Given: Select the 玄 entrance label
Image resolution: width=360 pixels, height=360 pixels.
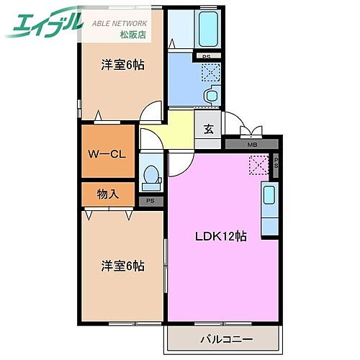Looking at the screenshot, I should click(207, 130).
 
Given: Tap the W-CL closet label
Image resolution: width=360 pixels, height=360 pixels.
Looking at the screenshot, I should click(107, 153).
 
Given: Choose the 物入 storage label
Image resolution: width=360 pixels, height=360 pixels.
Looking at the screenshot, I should click(108, 194).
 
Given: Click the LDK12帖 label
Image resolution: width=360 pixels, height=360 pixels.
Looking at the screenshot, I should click(222, 236).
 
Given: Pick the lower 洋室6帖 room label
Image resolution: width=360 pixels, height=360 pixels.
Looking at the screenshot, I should click(122, 266).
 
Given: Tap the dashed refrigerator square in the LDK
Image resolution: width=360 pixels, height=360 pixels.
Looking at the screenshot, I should click(258, 165).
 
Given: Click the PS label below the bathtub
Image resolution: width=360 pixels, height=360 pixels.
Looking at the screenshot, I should click(206, 57).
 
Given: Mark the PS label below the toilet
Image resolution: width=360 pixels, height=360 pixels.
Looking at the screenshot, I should click(150, 201).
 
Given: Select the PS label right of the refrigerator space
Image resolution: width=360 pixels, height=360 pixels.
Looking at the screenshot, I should click(276, 165).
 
